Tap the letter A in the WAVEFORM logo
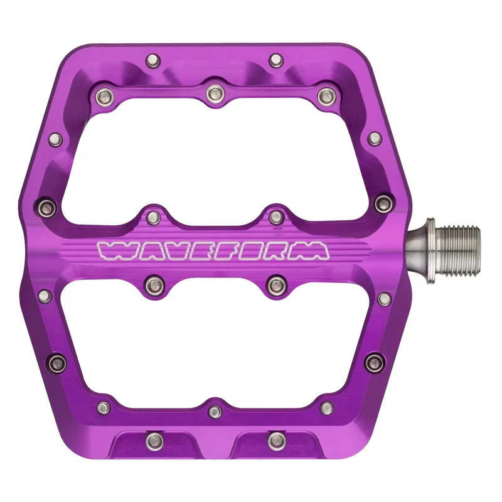141,250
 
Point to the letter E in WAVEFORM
195,250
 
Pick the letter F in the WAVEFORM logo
222,250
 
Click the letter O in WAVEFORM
248,250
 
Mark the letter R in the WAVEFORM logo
277,250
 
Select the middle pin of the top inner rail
213,93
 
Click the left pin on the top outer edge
151,61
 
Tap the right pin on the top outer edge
275,61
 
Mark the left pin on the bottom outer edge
151,440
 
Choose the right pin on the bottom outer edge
275,440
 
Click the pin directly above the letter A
152,217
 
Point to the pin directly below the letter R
275,286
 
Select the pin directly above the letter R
275,217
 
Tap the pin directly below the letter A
152,286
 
